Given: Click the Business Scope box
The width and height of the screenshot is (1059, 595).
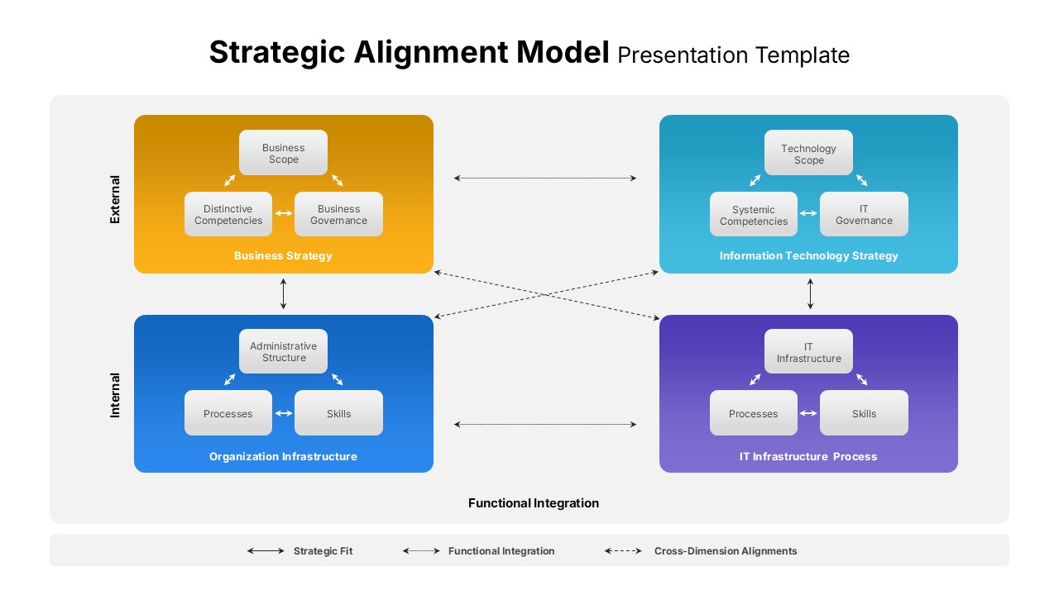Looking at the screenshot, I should (283, 153).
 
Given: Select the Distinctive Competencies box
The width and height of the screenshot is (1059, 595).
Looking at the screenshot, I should (228, 215).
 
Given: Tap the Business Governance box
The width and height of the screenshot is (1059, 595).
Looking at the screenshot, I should (338, 215).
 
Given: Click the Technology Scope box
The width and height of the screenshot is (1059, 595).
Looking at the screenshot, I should (808, 154).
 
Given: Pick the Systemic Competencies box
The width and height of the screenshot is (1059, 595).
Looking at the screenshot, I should (754, 215).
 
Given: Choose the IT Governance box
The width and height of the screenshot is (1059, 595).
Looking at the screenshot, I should (864, 215).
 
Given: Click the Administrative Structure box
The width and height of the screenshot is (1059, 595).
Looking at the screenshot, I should (283, 352).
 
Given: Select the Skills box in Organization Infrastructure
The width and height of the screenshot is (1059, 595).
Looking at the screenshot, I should (338, 413).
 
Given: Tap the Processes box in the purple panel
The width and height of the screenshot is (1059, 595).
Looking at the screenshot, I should (754, 413).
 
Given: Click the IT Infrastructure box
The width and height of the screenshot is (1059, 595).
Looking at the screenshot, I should (808, 352).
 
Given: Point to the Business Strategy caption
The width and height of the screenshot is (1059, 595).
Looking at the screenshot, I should (283, 256).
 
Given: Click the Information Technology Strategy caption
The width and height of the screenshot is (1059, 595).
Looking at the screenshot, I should (808, 256).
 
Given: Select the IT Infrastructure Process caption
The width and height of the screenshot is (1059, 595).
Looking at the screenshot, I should (808, 456).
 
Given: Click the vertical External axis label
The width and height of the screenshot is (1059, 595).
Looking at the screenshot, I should (115, 199).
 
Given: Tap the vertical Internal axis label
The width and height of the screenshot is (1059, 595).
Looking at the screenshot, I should (115, 395).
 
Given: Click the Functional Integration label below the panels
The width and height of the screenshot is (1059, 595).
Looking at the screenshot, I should (534, 503).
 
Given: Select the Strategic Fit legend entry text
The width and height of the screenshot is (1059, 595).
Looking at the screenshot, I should (323, 551).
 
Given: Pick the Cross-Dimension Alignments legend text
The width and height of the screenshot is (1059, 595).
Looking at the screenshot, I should (726, 551).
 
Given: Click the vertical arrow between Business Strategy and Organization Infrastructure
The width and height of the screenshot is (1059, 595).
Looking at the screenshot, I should (284, 294).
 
